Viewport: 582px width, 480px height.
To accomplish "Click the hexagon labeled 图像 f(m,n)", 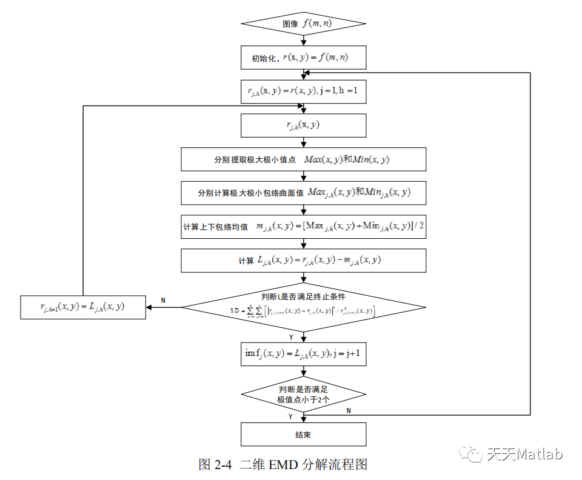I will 303,24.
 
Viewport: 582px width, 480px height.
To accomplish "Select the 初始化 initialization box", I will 303,58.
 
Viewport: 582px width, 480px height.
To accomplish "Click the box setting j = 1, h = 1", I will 303,92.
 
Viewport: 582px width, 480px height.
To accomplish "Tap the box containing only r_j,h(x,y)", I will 303,125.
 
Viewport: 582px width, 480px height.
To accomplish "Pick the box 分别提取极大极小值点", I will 303,159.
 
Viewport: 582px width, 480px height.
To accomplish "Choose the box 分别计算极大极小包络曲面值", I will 303,193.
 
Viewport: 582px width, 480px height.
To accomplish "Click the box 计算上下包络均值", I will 303,227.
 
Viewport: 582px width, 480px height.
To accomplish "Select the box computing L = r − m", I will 303,260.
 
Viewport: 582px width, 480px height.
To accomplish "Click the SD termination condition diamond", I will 303,306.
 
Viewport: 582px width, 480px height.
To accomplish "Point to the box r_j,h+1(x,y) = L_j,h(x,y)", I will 83,307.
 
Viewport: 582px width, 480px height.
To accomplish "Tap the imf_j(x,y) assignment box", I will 303,353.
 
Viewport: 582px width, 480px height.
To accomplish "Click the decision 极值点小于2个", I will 303,395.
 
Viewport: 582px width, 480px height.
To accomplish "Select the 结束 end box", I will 303,435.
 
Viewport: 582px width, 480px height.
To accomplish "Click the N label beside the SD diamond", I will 163,300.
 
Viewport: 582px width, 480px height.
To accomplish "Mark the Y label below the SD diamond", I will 291,336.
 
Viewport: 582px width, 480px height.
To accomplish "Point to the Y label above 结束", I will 291,417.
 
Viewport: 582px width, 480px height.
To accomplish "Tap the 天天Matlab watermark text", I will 525,454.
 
